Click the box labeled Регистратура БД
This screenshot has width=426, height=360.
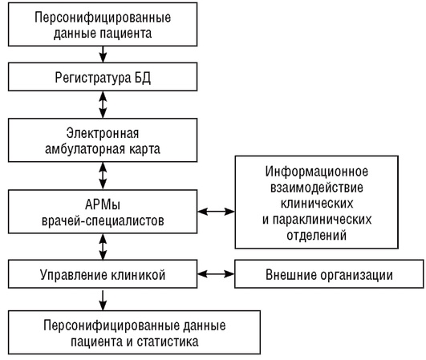(103, 77)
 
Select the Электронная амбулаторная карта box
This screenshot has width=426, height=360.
(103, 140)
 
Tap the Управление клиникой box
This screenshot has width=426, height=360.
(103, 274)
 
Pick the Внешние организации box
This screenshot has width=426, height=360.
(329, 274)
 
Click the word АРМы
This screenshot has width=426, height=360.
(103, 204)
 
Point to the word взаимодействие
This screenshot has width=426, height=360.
(317, 188)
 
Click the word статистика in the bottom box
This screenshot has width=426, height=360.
(168, 342)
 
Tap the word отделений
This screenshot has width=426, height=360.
(317, 235)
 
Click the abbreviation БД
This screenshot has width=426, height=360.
(143, 78)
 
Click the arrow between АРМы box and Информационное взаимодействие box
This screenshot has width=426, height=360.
(216, 211)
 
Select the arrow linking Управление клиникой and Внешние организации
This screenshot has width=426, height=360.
(216, 274)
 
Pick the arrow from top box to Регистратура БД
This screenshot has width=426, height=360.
(103, 55)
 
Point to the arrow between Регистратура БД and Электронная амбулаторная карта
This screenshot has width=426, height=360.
(103, 105)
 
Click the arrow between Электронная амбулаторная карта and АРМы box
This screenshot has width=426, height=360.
(103, 176)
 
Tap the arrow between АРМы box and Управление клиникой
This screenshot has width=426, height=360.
(103, 247)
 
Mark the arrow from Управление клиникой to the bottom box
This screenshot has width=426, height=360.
(103, 301)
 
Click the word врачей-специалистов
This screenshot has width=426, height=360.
(103, 220)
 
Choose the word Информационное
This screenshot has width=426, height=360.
(317, 172)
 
